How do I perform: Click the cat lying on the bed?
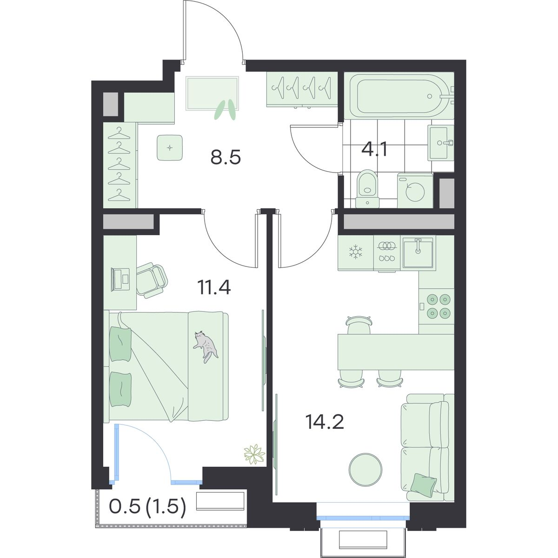coord(205,346)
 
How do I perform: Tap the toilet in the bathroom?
coord(367,188)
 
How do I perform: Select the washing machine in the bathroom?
coord(415,190)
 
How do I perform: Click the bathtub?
coord(401,96)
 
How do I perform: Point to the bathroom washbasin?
coord(441,142)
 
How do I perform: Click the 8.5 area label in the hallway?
coord(226,158)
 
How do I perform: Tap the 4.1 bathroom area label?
coord(374,150)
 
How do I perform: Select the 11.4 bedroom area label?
coord(214,287)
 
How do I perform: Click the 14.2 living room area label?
coord(325,422)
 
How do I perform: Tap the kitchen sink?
coord(418,252)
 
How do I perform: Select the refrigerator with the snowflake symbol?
coord(356,252)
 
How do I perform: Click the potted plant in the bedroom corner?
coord(254,462)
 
